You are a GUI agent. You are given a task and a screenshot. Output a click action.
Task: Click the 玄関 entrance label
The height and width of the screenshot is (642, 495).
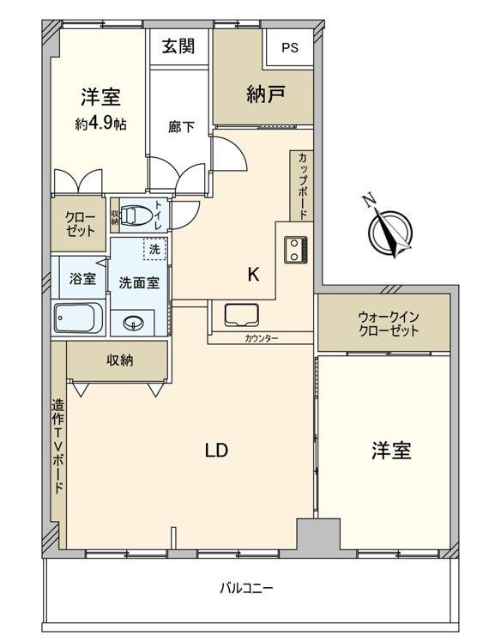(178, 45)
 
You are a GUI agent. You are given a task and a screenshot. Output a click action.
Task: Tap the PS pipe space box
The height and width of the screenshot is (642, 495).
(288, 47)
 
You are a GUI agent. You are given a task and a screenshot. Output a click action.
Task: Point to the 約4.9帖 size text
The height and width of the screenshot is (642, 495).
(100, 124)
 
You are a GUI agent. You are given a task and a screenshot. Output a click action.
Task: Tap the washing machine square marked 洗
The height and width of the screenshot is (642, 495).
(154, 249)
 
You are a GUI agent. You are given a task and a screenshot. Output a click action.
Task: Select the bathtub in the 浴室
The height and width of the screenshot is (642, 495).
(79, 320)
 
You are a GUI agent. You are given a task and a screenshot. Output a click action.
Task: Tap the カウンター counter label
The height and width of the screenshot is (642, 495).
(261, 339)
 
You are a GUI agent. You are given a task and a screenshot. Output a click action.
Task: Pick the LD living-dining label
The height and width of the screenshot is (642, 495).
(215, 450)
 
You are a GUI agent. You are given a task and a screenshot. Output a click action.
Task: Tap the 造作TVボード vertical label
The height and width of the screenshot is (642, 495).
(58, 446)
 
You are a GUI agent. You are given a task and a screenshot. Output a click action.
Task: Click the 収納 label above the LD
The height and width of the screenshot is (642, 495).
(120, 360)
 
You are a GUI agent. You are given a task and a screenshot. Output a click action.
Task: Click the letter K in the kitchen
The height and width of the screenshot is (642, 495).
(253, 276)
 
